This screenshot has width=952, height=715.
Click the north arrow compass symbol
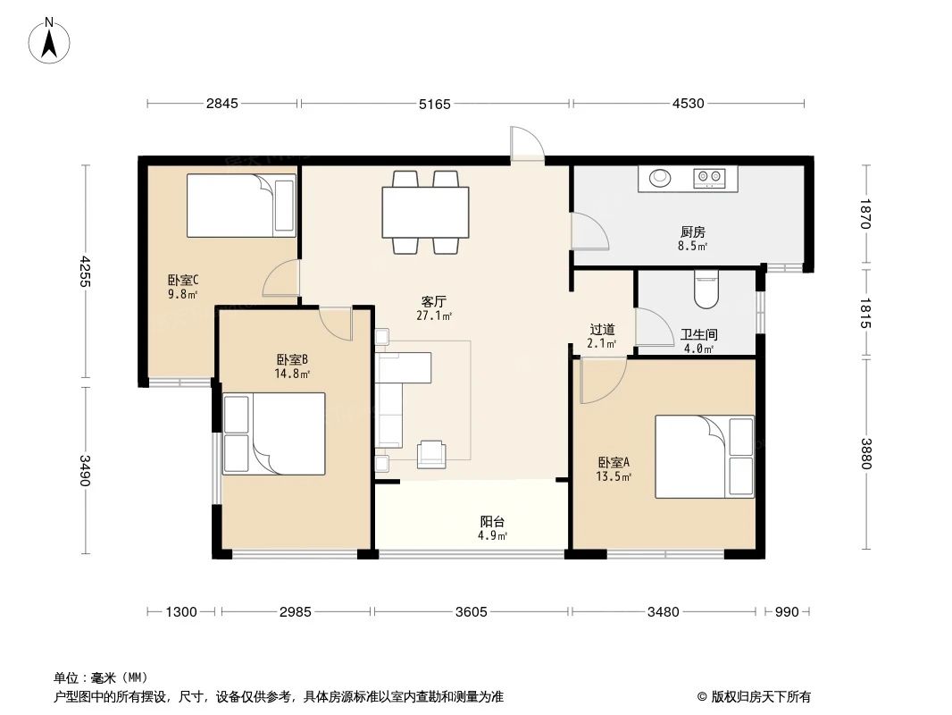coord(50,40)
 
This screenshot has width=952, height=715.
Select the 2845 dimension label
coord(222,104)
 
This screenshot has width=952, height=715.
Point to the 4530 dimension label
coord(688,104)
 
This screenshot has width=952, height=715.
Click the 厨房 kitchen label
coord(693,231)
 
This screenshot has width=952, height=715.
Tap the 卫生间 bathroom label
coord(698,334)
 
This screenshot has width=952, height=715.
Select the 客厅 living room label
coord(434,301)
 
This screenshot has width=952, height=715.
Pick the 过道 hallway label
coord(602,329)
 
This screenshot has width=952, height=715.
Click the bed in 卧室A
coord(704,456)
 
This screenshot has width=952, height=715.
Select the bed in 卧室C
coord(240,206)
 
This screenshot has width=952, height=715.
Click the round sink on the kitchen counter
coord(660,178)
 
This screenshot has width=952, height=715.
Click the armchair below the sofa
coord(433,454)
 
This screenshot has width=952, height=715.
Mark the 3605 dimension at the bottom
coord(472,612)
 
